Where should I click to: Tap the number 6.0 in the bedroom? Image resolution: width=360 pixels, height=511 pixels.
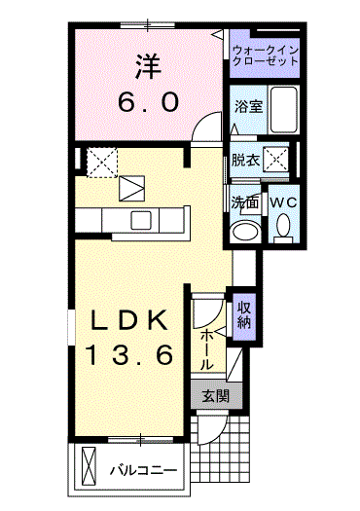point(149,100)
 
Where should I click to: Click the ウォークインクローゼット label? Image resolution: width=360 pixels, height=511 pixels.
point(264,54)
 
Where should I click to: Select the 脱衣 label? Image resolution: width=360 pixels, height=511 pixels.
point(244,161)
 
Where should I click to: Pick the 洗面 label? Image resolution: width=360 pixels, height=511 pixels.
point(243,202)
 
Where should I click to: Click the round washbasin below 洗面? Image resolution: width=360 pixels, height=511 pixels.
point(244,231)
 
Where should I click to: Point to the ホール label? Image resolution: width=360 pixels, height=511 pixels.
point(208,348)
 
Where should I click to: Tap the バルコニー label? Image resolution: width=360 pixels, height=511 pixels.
point(142,470)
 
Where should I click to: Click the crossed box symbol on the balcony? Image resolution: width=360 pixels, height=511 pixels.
point(90,466)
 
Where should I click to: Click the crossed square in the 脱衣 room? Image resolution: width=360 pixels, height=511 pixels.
point(277,159)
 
